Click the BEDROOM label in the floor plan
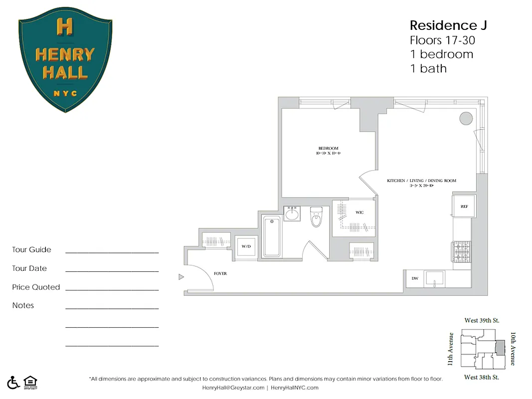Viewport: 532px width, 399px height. [328, 148]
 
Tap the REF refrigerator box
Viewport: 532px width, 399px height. [463, 206]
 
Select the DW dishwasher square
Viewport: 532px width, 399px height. [414, 278]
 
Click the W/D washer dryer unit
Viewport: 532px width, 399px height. [246, 246]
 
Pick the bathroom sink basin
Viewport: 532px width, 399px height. [292, 214]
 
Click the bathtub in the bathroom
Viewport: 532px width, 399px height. [272, 236]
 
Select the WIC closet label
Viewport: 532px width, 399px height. [359, 212]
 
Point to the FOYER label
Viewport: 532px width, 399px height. [220, 274]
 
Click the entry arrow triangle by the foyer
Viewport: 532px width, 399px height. [181, 276]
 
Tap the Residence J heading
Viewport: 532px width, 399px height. [448, 25]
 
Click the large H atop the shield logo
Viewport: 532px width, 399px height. [65, 26]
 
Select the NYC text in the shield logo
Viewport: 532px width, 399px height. [65, 93]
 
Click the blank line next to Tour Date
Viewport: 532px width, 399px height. [112, 270]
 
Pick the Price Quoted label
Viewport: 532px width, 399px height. [36, 287]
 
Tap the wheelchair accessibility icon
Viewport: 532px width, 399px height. [13, 382]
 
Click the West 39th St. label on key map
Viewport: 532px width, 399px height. [482, 320]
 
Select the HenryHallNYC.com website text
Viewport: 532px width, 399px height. [295, 388]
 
